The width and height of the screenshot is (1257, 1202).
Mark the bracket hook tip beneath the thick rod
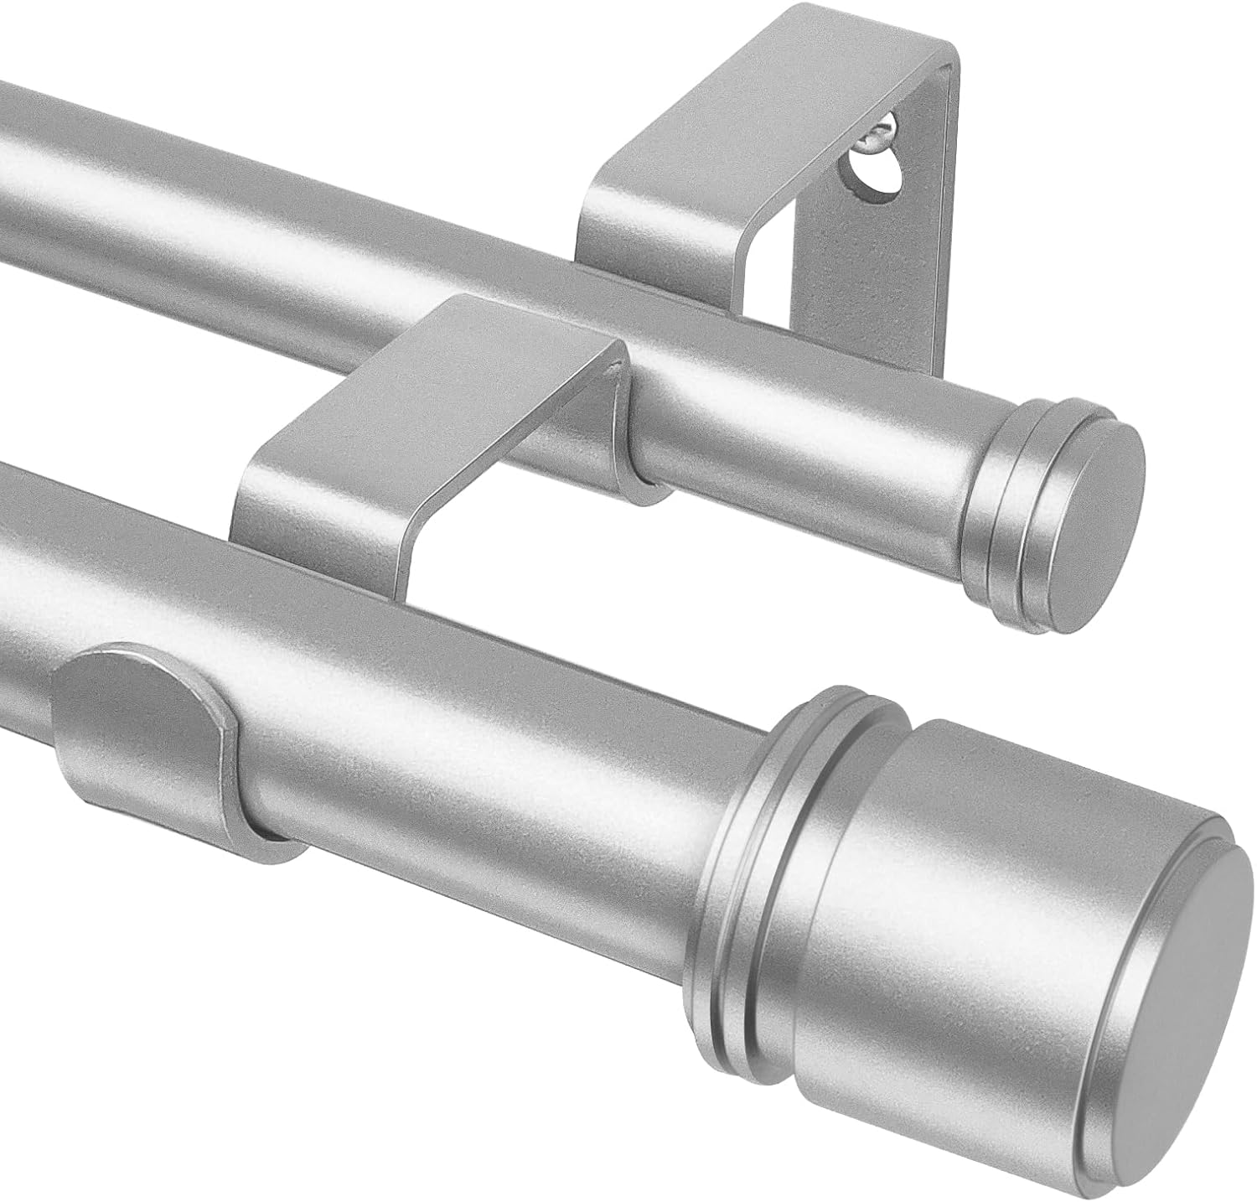pos(277,838)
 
